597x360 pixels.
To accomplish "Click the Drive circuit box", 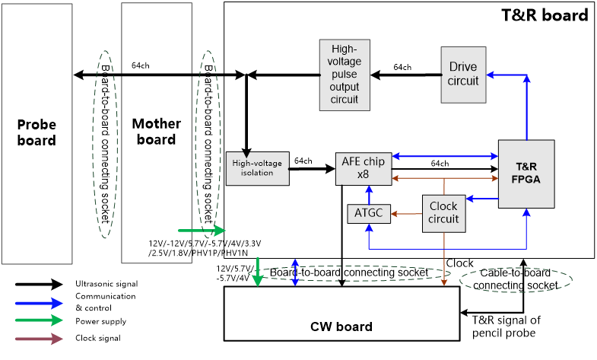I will pyautogui.click(x=463, y=75).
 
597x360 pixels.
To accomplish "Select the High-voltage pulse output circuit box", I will pyautogui.click(x=345, y=75).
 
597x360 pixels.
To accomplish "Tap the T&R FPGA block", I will pyautogui.click(x=526, y=174).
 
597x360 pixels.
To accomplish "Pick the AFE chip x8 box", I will pyautogui.click(x=363, y=168).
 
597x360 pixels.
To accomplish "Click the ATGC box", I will pyautogui.click(x=368, y=214).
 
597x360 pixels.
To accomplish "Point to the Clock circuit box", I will pyautogui.click(x=443, y=213).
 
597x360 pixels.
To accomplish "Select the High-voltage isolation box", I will pyautogui.click(x=258, y=168).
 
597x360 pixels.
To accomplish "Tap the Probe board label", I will pyautogui.click(x=37, y=132).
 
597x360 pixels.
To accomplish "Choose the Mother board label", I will pyautogui.click(x=156, y=131).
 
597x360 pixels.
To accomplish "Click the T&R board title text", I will pyautogui.click(x=545, y=14).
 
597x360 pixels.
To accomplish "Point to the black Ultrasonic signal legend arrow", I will pyautogui.click(x=39, y=284).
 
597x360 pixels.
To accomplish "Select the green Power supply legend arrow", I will pyautogui.click(x=39, y=320).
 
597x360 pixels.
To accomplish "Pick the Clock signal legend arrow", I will pyautogui.click(x=39, y=339).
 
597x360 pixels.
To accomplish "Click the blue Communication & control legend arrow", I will pyautogui.click(x=39, y=302).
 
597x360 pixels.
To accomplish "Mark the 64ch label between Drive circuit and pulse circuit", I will pyautogui.click(x=402, y=67).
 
